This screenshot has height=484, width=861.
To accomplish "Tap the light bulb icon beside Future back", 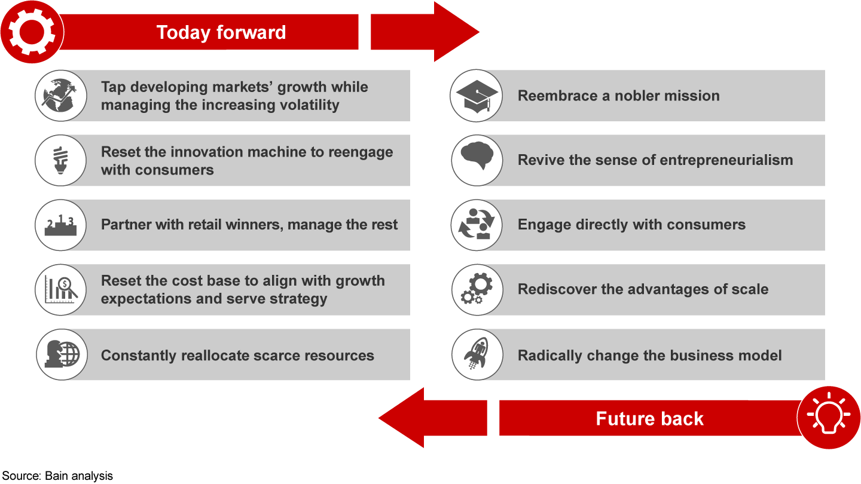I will pos(829,418).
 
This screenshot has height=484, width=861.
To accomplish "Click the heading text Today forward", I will pos(221,32).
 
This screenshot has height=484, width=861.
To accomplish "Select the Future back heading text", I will pos(649,418).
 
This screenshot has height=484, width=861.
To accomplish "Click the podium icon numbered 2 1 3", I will pos(61,225).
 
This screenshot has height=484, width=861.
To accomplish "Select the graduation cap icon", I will pos(477,96).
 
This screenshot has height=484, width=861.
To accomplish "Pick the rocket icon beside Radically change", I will pos(477,355).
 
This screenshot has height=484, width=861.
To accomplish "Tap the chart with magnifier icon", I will pos(61,289).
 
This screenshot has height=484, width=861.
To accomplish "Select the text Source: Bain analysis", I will pos(57,476).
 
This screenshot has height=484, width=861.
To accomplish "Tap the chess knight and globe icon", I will pos(61,354).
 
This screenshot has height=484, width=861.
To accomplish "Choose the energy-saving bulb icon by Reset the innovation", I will pos(61,160).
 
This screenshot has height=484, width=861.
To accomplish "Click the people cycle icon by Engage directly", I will pos(477,225).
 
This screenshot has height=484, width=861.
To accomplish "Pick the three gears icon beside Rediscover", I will pos(477,289).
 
